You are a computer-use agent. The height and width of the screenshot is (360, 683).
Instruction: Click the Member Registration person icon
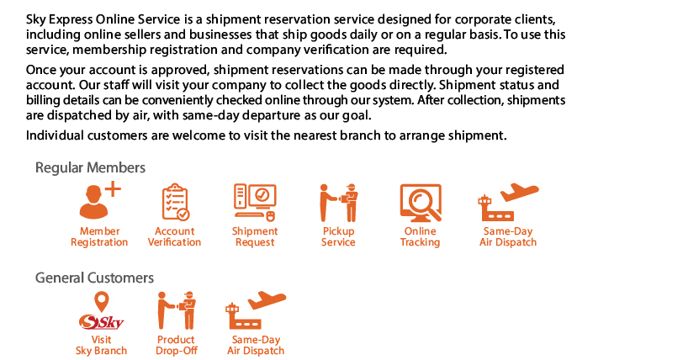pyautogui.click(x=99, y=200)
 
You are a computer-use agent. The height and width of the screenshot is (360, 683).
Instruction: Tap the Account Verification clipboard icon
pyautogui.click(x=175, y=202)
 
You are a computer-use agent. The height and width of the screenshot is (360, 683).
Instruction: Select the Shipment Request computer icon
pyautogui.click(x=255, y=202)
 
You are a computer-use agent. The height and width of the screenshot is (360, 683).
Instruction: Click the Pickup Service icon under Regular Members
pyautogui.click(x=339, y=203)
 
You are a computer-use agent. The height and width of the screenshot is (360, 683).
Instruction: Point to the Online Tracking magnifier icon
pyautogui.click(x=421, y=203)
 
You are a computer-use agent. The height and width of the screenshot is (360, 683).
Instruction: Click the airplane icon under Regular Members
pyautogui.click(x=508, y=202)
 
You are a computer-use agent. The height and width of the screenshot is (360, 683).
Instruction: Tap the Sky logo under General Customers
pyautogui.click(x=101, y=322)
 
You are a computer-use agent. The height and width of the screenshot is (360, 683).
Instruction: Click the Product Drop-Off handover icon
pyautogui.click(x=177, y=310)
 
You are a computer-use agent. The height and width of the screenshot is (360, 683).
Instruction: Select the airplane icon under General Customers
pyautogui.click(x=256, y=310)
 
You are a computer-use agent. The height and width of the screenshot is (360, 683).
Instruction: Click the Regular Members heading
pyautogui.click(x=90, y=167)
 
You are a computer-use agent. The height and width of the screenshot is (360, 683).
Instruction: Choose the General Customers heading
pyautogui.click(x=94, y=278)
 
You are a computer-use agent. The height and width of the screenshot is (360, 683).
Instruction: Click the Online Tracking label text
pyautogui.click(x=421, y=236)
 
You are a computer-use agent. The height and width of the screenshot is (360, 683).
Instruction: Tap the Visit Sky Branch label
pyautogui.click(x=101, y=345)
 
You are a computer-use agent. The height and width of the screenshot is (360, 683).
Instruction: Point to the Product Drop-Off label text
pyautogui.click(x=177, y=345)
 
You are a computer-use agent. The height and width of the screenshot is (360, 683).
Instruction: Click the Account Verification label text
pyautogui.click(x=175, y=236)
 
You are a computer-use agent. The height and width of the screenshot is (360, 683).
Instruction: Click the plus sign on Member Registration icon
pyautogui.click(x=113, y=189)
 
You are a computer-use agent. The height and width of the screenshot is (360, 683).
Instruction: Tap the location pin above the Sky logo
pyautogui.click(x=102, y=302)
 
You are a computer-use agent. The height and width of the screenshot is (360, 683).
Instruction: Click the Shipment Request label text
pyautogui.click(x=255, y=236)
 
